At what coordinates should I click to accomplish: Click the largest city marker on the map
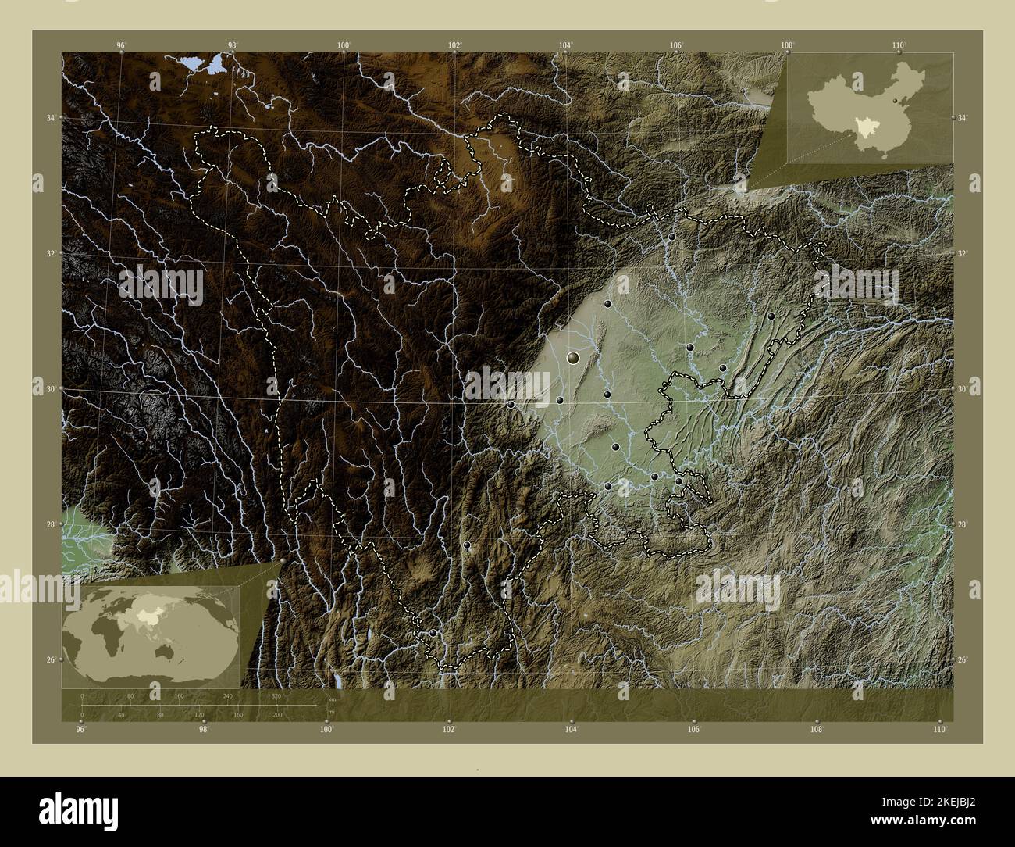[574, 359]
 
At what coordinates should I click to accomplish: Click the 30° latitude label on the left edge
[50, 389]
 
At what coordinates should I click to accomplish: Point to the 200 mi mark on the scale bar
[276, 714]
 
